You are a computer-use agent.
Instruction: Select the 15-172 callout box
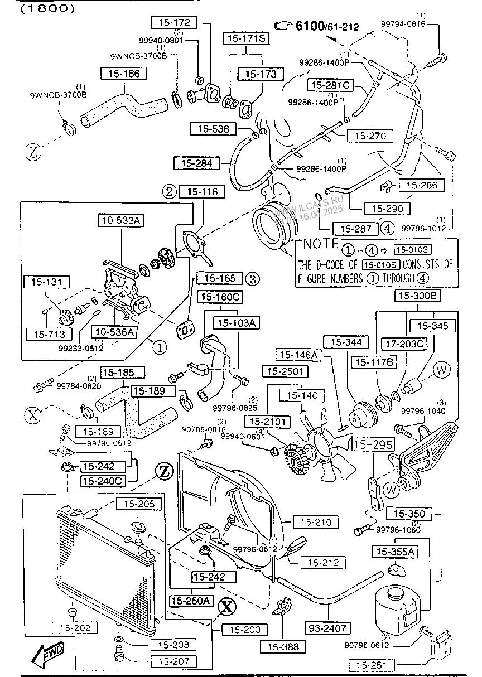click(x=174, y=22)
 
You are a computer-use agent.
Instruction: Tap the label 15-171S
click(x=245, y=38)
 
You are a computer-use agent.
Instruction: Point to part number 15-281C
click(x=330, y=85)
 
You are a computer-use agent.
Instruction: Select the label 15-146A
click(x=298, y=355)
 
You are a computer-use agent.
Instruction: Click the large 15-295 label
click(x=373, y=444)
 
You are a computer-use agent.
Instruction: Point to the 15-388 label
click(x=283, y=646)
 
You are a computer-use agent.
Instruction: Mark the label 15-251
click(x=372, y=665)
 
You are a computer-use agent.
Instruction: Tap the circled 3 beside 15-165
click(x=252, y=278)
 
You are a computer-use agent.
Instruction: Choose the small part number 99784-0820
click(x=78, y=385)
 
